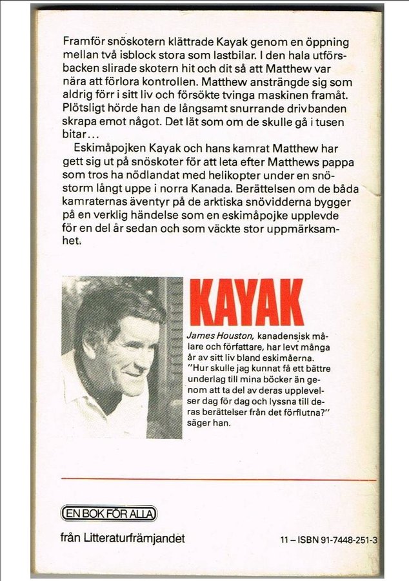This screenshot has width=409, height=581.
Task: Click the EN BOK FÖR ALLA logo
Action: click(x=108, y=513)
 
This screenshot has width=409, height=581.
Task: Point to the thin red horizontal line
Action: click(x=219, y=480)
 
